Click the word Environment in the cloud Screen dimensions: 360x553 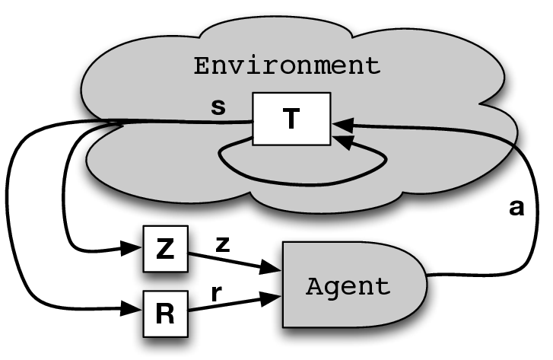287,65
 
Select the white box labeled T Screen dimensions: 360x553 291,118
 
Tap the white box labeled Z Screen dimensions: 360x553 164,250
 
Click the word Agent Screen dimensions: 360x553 347,288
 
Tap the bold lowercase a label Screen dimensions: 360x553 516,208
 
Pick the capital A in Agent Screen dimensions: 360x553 313,288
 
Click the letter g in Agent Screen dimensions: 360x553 330,290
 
